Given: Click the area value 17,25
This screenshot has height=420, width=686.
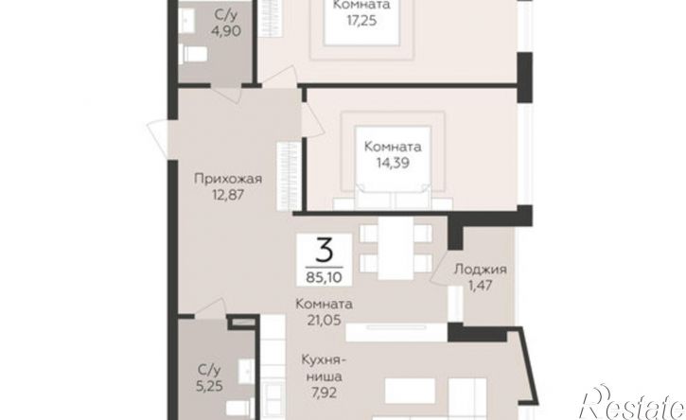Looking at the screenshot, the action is pos(361,21).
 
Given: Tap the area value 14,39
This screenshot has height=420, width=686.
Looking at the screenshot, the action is pos(393,163).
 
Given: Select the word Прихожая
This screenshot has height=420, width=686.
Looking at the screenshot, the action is pos(228,179).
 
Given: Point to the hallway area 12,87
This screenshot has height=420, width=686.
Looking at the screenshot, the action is pos(228,195).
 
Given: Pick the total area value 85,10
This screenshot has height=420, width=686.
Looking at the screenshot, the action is pos(325,276).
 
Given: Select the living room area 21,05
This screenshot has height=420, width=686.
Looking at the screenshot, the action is pos(324,321).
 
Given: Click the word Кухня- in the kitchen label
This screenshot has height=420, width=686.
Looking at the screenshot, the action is pos(324,360).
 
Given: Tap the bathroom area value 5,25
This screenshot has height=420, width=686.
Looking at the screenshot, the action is pos(209,386).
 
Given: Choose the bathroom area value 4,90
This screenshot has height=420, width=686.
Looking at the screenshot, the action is pos(226,31).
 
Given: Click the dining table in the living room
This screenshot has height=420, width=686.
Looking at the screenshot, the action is pos(396,248).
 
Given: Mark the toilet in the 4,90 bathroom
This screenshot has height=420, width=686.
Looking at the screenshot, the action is pos(193,54).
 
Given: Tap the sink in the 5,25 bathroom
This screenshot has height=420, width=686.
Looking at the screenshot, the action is pos(246,371).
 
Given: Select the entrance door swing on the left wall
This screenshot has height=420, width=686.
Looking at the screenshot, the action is pos(157,139).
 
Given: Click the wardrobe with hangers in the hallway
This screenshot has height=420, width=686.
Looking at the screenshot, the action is pos(289,176).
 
